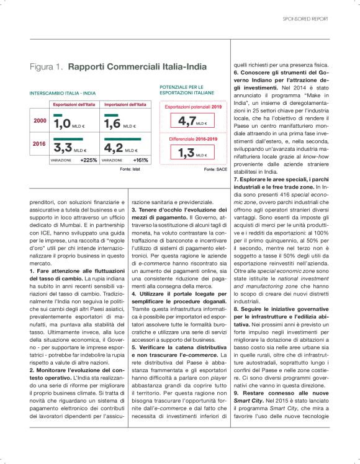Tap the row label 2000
click(39, 120)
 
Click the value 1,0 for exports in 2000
click(63, 124)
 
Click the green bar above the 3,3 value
click(62, 140)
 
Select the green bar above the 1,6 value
click(112, 115)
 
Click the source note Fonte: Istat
click(129, 169)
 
